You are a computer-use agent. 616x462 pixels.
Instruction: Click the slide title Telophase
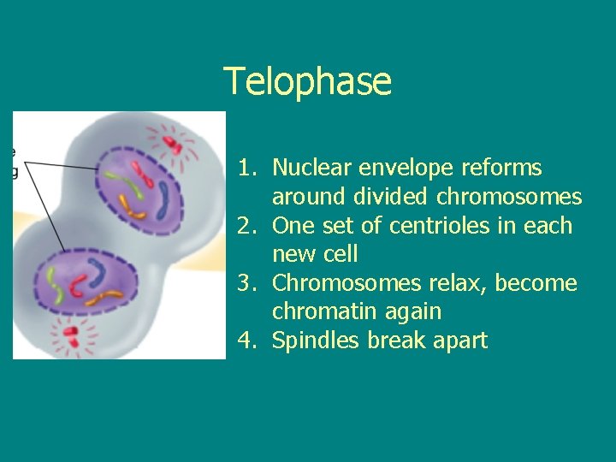click(308, 82)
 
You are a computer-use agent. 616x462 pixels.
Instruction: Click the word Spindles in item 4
click(316, 341)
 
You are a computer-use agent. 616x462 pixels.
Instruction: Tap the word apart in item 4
click(463, 341)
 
